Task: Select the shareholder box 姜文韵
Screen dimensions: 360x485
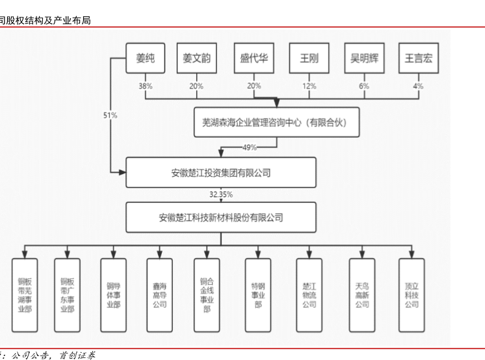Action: click(x=196, y=58)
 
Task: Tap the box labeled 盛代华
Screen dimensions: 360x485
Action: click(x=254, y=58)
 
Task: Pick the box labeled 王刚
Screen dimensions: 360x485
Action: click(x=309, y=58)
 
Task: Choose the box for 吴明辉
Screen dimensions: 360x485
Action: click(x=364, y=58)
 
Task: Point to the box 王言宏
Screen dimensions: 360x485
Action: click(x=418, y=58)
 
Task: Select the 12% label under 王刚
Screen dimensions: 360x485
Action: click(x=309, y=86)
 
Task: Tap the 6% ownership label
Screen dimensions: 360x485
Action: click(x=364, y=86)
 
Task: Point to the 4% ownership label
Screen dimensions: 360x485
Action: click(x=418, y=86)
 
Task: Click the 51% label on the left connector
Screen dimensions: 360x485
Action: click(x=111, y=115)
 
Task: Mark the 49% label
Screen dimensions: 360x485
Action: click(x=249, y=148)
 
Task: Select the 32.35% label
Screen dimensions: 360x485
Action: click(x=221, y=194)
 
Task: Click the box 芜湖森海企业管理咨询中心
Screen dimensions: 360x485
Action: click(x=276, y=122)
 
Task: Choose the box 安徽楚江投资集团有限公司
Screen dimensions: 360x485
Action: click(x=221, y=173)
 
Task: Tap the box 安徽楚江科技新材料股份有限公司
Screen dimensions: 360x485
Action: click(x=221, y=218)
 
